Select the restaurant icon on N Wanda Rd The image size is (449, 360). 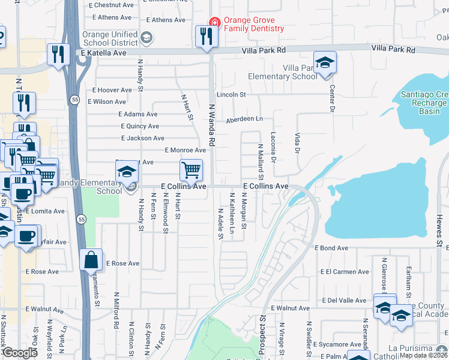coord(205,37)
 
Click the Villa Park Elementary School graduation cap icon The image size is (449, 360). coord(325,63)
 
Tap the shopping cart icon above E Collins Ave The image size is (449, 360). coord(191,170)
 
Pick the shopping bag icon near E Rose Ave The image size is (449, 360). coord(91,260)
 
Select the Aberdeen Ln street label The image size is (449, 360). coord(244,119)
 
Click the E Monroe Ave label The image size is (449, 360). coord(185,150)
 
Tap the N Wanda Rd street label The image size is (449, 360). coord(211,124)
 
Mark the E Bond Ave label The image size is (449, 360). coord(331,248)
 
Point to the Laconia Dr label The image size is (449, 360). coord(273,147)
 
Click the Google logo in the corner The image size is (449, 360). coord(20,353)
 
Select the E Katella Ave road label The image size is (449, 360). coord(103,53)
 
